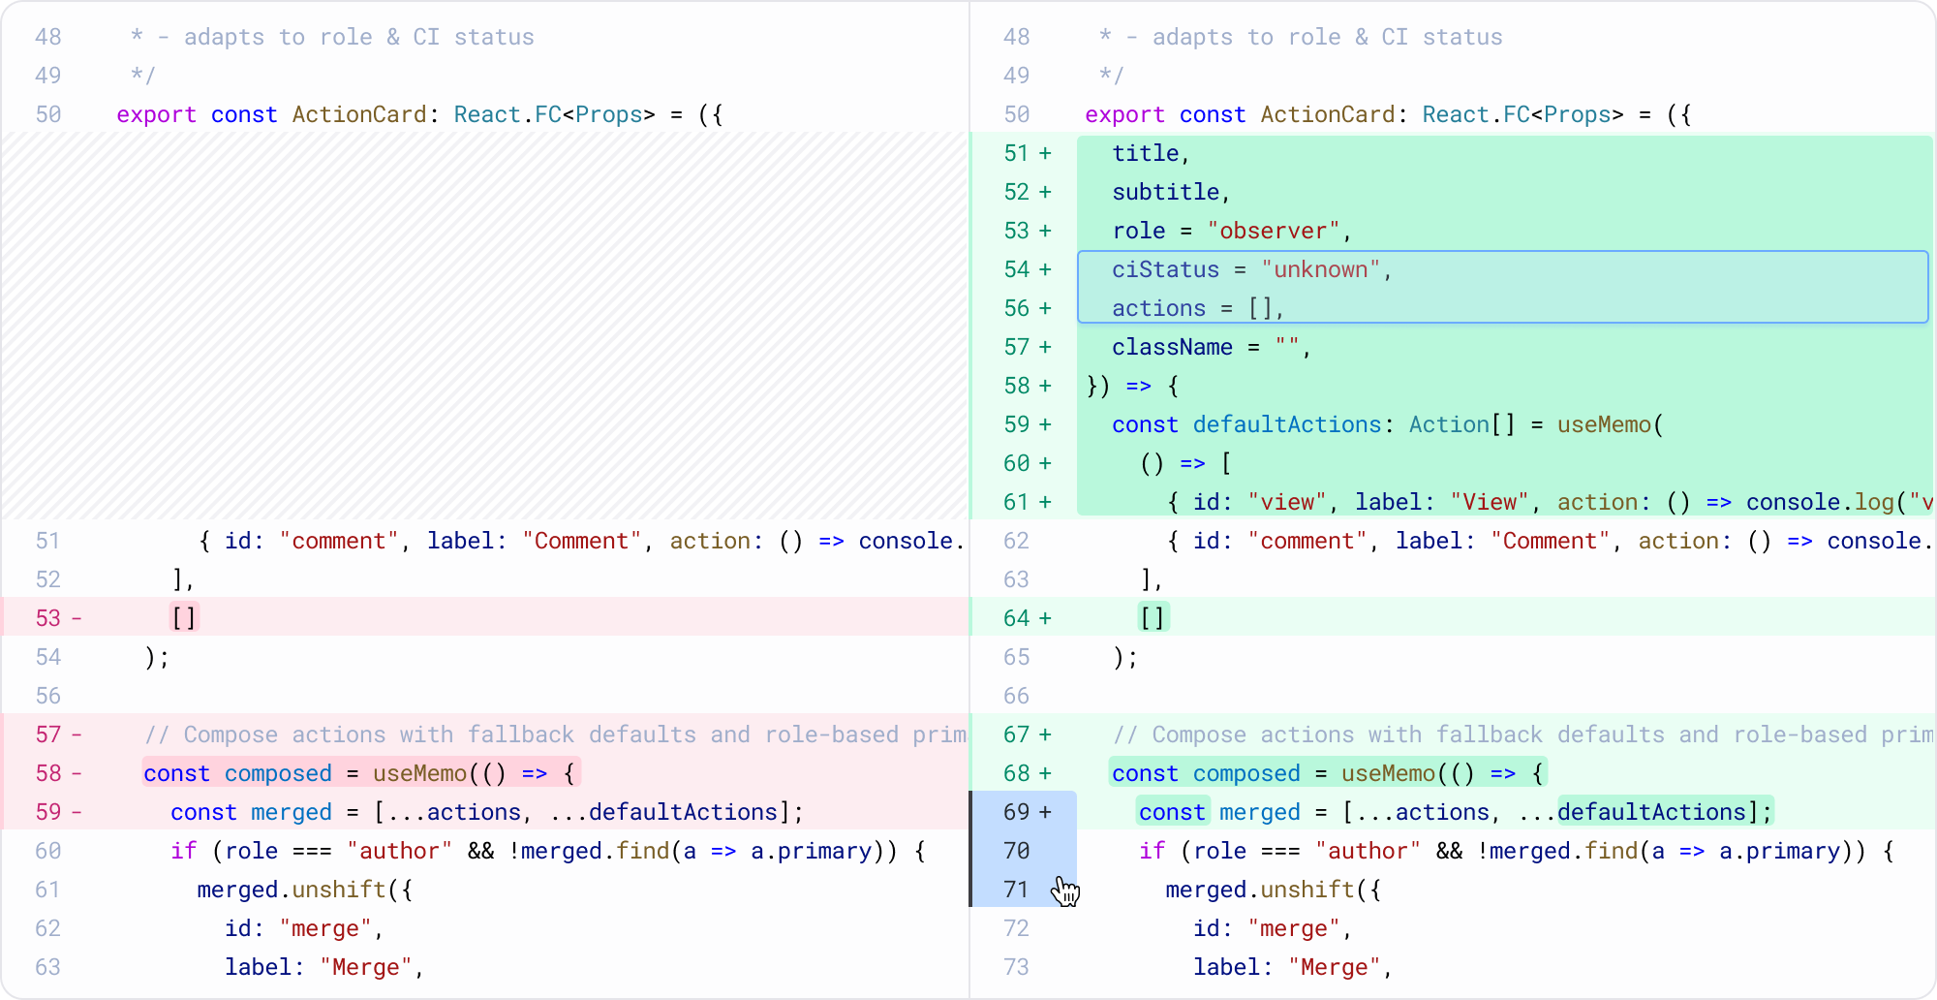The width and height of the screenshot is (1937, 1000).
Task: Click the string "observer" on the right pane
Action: coord(1274,231)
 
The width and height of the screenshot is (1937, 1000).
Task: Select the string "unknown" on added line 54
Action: coord(1320,269)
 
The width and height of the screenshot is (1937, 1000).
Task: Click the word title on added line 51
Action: coord(1145,153)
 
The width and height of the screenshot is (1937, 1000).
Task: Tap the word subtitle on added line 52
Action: coord(1165,192)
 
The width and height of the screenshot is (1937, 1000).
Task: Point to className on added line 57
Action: coord(1172,347)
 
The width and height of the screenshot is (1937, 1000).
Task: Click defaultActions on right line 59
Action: coord(1287,424)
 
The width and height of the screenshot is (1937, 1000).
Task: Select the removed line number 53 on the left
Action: coord(48,618)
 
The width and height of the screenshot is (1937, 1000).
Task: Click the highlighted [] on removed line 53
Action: coord(184,618)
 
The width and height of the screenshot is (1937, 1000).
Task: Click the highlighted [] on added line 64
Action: coord(1153,618)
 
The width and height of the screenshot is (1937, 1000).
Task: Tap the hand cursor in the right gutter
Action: coord(1065,891)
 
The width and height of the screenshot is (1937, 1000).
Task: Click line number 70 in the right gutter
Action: coord(1017,851)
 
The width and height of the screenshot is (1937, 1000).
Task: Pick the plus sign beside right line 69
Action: coord(1045,812)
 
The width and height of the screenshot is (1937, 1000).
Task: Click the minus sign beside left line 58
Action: coord(77,773)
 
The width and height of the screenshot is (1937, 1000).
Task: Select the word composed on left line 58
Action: coord(278,773)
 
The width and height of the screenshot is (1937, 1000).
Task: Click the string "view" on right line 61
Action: coord(1287,502)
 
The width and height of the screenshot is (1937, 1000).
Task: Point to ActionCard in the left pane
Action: coord(359,114)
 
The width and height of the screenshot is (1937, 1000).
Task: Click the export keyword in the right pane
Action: coord(1124,114)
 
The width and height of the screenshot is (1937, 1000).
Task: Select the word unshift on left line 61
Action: coord(339,890)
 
